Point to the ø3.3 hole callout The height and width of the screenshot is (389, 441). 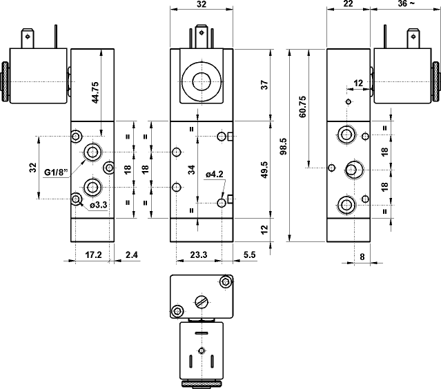(x=99, y=205)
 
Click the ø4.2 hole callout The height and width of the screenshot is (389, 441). (x=215, y=174)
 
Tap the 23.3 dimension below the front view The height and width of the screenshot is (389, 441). (x=198, y=255)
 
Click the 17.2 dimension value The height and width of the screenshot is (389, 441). (x=93, y=255)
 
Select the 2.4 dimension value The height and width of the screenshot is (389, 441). (x=131, y=255)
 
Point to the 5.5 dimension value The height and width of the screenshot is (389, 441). (x=250, y=255)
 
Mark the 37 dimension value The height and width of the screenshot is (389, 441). (x=264, y=86)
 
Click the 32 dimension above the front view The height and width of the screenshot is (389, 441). (x=202, y=4)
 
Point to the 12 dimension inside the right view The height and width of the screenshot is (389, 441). (x=357, y=83)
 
